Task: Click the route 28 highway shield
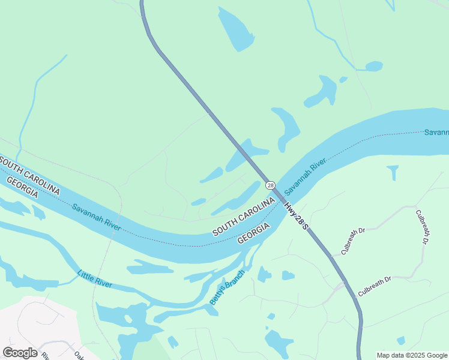point(270,185)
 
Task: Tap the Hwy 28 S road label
point(296,214)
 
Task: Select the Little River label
point(94,279)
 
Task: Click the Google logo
point(20,353)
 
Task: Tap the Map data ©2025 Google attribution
point(412,355)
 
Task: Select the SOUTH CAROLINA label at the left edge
point(30,174)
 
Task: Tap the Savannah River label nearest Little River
point(96,217)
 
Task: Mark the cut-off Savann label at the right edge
point(436,132)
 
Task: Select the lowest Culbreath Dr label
point(374,286)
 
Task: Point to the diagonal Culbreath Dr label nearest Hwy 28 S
point(353,241)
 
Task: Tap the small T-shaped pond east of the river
point(393,172)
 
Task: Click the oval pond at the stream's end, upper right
point(373,66)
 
